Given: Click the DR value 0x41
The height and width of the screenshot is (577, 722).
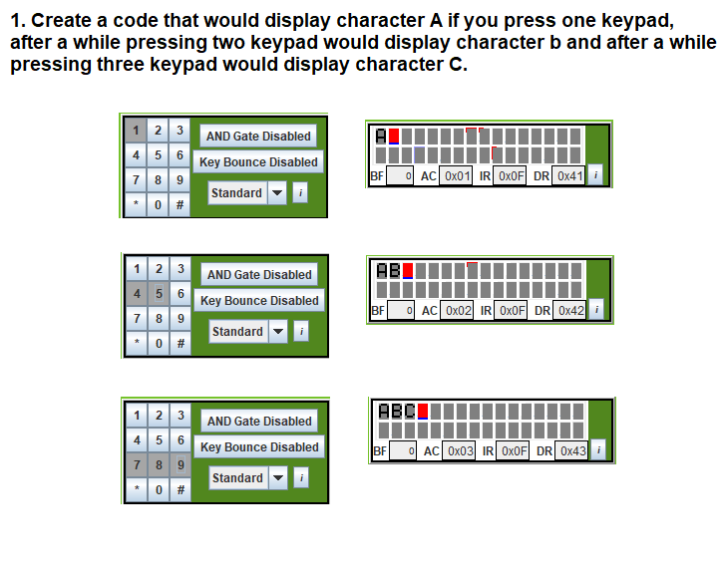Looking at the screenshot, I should coord(569,175).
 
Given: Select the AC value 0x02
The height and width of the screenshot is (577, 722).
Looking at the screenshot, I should coord(458,311).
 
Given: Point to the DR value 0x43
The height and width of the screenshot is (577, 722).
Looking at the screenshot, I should coord(571,451).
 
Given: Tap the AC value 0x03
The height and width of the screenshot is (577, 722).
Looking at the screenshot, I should coord(460,451).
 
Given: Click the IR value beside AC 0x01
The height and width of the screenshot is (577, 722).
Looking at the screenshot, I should coord(511,175).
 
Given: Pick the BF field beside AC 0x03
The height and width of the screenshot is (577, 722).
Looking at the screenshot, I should coord(402,451).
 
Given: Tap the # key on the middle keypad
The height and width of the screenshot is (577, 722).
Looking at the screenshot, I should coord(180,344).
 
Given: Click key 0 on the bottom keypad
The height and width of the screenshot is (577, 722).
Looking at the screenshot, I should coord(158,490).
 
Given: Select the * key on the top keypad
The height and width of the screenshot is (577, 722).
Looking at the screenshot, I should coord(136,205).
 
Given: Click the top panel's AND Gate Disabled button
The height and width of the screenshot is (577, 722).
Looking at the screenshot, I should coord(258,137).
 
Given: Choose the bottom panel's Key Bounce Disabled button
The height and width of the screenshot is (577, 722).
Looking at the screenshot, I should coord(259,447).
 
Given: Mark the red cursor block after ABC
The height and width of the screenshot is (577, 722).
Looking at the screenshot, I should coord(423,412).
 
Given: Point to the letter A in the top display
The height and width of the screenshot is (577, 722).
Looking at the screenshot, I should coord(381,136).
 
